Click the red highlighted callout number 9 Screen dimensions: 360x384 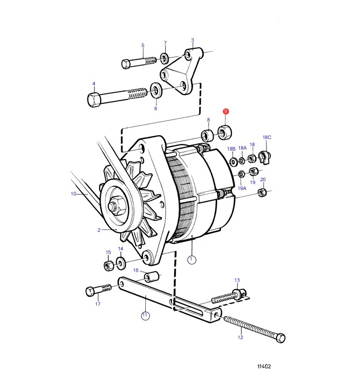pyautogui.click(x=225, y=112)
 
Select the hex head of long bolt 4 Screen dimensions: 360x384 pyautogui.click(x=94, y=99)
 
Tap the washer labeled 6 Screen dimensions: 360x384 pyautogui.click(x=155, y=90)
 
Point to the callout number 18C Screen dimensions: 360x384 pyautogui.click(x=267, y=137)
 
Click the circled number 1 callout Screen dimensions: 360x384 pyautogui.click(x=192, y=260)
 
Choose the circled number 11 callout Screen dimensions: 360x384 pyautogui.click(x=145, y=315)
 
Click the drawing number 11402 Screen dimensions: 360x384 pyautogui.click(x=264, y=366)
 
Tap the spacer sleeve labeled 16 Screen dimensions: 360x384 pyautogui.click(x=151, y=277)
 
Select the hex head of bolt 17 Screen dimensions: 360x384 pyautogui.click(x=90, y=291)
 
